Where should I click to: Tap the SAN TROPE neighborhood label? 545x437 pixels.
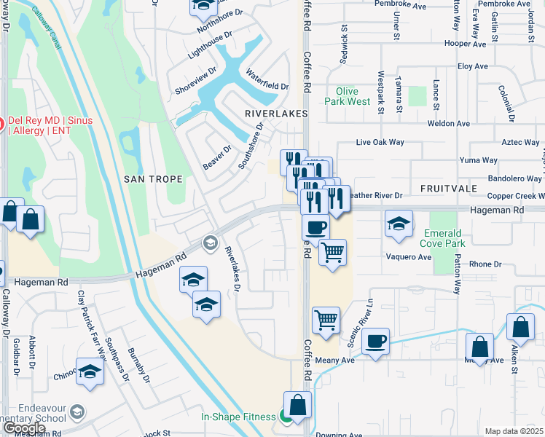tap(152, 179)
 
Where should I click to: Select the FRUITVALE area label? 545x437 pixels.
tap(447, 188)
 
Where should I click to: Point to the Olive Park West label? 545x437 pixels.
tap(348, 96)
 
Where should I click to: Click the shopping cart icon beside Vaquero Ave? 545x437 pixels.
tap(332, 252)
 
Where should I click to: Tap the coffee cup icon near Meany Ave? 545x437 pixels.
tap(375, 340)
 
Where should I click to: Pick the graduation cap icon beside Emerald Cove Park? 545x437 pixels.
tap(399, 224)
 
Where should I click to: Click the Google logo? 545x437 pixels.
tap(26, 428)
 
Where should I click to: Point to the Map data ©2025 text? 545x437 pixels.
tap(514, 431)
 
